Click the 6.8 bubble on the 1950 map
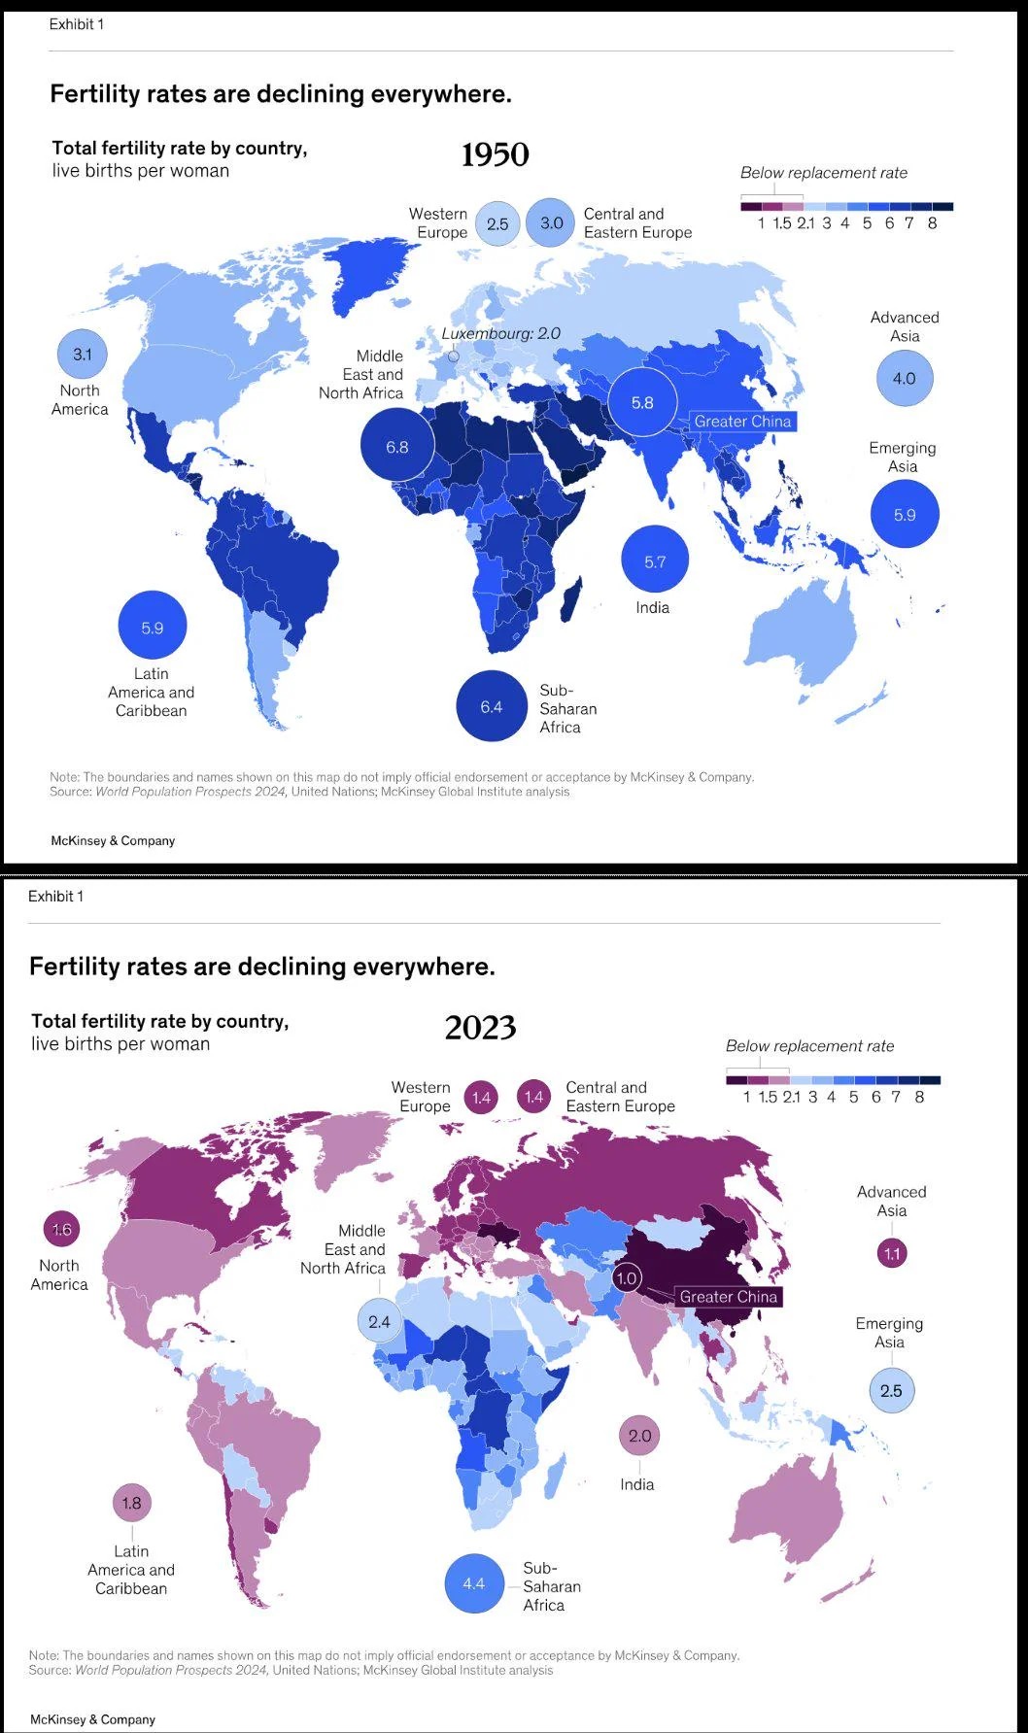pyautogui.click(x=396, y=447)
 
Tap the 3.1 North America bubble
pyautogui.click(x=83, y=355)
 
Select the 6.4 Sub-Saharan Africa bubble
pyautogui.click(x=492, y=706)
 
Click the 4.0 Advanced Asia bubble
pyautogui.click(x=905, y=379)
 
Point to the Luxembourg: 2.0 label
pyautogui.click(x=501, y=333)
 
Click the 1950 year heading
pyautogui.click(x=495, y=154)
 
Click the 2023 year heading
pyautogui.click(x=480, y=1028)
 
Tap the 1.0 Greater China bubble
pyautogui.click(x=627, y=1278)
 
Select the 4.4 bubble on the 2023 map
pyautogui.click(x=474, y=1583)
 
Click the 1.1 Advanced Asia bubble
pyautogui.click(x=892, y=1253)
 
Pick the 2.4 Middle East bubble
pyautogui.click(x=379, y=1322)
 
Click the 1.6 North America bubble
pyautogui.click(x=61, y=1230)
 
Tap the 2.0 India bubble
pyautogui.click(x=639, y=1436)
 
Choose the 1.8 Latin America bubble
pyautogui.click(x=131, y=1504)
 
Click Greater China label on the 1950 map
pyautogui.click(x=743, y=422)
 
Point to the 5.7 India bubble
pyautogui.click(x=655, y=561)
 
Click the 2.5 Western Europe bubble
pyautogui.click(x=497, y=223)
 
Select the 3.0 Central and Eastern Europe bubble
pyautogui.click(x=551, y=222)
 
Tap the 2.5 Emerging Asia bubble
pyautogui.click(x=891, y=1390)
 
